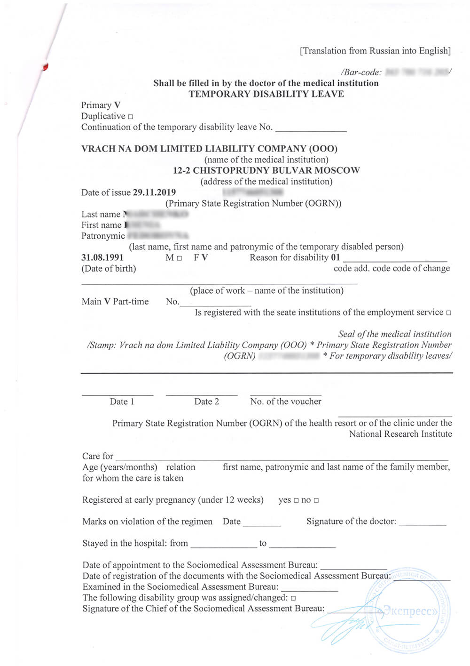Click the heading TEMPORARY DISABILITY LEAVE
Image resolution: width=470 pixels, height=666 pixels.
(x=266, y=94)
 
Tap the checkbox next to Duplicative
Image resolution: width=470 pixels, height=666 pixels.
(x=130, y=117)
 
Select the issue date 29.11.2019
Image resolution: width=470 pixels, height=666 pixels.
(x=154, y=193)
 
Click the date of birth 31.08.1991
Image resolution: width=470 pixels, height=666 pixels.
(x=102, y=257)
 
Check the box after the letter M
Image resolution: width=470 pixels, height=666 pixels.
(x=179, y=258)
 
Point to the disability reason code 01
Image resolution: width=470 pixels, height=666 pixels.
(x=335, y=257)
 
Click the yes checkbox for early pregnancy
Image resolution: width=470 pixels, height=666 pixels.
(x=296, y=500)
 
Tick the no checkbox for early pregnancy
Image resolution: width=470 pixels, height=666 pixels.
(x=316, y=500)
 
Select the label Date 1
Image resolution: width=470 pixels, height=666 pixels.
(x=122, y=401)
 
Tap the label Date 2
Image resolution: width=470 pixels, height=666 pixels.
(x=206, y=401)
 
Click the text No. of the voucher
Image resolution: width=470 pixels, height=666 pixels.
(x=286, y=401)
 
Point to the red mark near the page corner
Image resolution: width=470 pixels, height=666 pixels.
(x=45, y=67)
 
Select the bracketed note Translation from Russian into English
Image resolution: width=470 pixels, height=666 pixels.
(x=375, y=51)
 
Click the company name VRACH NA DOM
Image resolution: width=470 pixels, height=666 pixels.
(x=209, y=149)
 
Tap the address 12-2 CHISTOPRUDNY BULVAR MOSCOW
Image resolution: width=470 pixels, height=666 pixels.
(x=266, y=170)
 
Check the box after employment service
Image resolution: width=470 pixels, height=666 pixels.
(x=448, y=313)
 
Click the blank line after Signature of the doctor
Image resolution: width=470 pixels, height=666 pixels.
(x=422, y=522)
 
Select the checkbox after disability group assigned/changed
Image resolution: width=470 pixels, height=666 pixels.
(x=293, y=598)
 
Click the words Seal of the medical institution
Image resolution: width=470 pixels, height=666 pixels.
(x=395, y=334)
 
